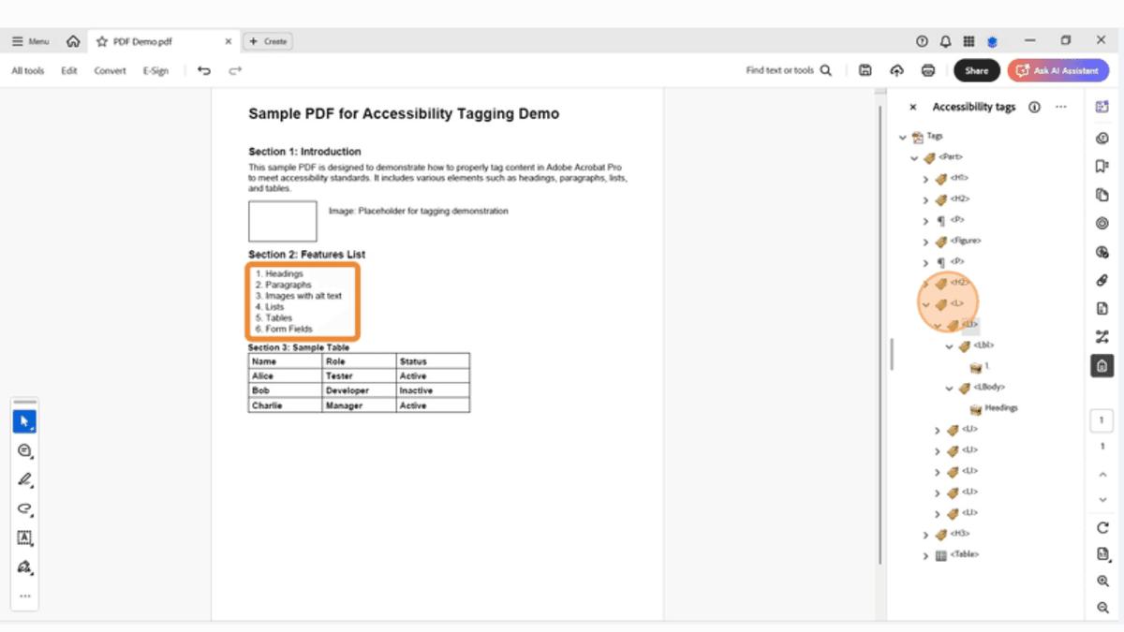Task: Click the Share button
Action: tap(976, 70)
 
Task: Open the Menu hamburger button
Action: tap(30, 41)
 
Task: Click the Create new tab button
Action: tap(268, 41)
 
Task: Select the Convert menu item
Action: tap(110, 70)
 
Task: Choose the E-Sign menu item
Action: tap(155, 70)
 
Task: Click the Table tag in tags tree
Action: tap(964, 554)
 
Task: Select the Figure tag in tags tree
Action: tap(965, 241)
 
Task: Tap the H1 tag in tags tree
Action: tap(959, 178)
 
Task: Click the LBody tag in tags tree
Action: tap(988, 387)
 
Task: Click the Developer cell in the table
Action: tap(347, 390)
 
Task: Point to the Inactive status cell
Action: tap(416, 390)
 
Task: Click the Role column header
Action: tap(335, 360)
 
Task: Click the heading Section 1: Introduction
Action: tap(304, 152)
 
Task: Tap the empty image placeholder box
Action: tap(282, 221)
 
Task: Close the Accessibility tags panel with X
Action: tap(913, 108)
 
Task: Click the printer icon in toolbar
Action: tap(928, 70)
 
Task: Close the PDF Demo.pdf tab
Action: tap(229, 41)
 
